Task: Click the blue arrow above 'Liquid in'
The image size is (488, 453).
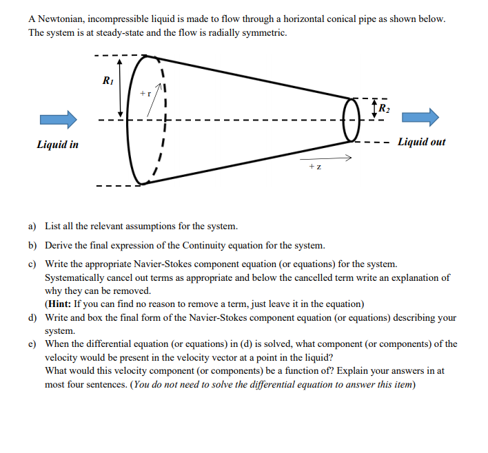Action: pos(58,119)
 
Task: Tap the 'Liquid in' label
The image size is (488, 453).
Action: pos(57,145)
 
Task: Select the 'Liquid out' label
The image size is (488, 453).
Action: pos(421,142)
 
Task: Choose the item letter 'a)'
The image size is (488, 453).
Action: pos(32,226)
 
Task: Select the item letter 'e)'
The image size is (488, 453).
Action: pos(32,344)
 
